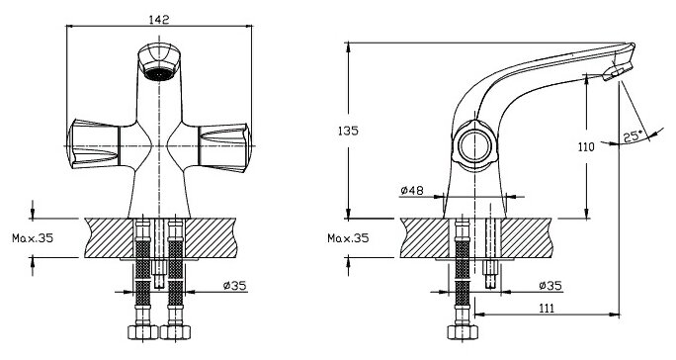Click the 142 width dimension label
tap(159, 20)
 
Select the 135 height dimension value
tap(348, 131)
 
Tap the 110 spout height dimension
tap(586, 147)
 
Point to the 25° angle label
tap(633, 135)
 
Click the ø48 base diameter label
tap(412, 190)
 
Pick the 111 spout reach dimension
tap(547, 309)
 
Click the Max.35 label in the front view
tap(33, 237)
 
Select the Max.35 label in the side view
tap(348, 237)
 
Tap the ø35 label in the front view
tap(234, 285)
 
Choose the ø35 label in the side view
tap(550, 285)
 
